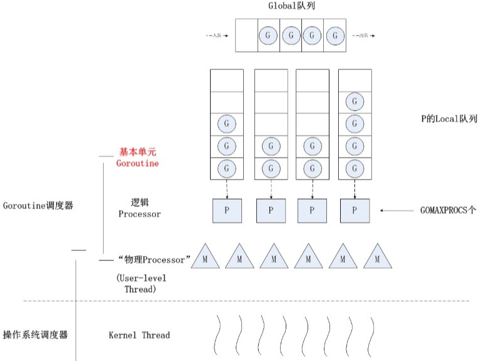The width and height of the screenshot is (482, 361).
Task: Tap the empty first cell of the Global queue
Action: pyautogui.click(x=246, y=36)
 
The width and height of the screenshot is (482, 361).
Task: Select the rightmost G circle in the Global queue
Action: pyautogui.click(x=334, y=36)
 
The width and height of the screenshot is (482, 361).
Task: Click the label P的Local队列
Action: pyautogui.click(x=449, y=118)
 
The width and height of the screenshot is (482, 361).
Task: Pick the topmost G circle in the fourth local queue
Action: pyautogui.click(x=354, y=101)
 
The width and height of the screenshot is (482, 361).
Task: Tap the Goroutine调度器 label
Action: pyautogui.click(x=38, y=205)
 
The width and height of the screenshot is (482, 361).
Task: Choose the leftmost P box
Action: pyautogui.click(x=227, y=210)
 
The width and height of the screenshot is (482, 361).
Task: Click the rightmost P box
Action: pyautogui.click(x=354, y=210)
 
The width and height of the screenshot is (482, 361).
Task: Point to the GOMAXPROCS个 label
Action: pyautogui.click(x=448, y=211)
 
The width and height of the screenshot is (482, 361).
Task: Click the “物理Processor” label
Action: pyautogui.click(x=153, y=259)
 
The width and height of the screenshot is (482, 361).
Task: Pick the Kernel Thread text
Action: pyautogui.click(x=139, y=335)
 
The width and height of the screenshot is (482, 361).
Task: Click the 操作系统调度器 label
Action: pyautogui.click(x=35, y=335)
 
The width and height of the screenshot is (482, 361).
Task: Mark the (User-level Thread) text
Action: pyautogui.click(x=142, y=283)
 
